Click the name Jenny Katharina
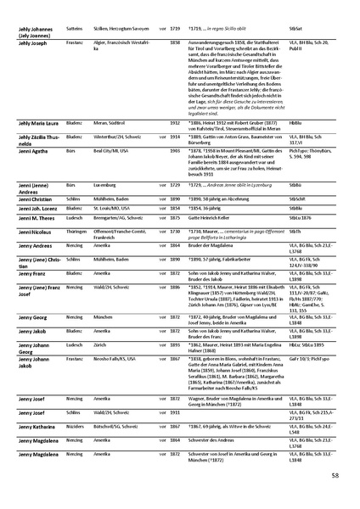(33, 419)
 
